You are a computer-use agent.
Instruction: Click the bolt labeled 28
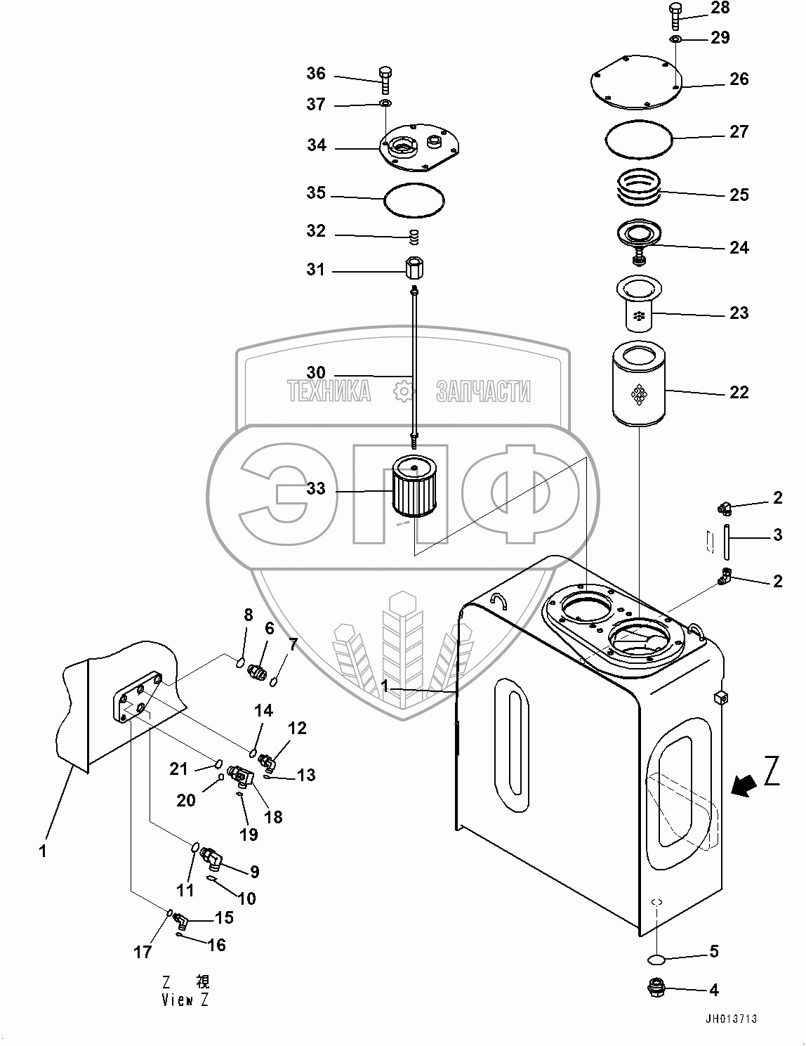click(x=675, y=15)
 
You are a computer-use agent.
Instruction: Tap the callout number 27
click(x=739, y=131)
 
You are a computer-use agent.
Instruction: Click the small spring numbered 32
click(x=416, y=237)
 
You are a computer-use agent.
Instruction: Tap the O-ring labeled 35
click(x=414, y=199)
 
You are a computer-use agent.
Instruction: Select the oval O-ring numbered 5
click(x=657, y=959)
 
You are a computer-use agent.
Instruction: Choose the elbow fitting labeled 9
click(x=211, y=857)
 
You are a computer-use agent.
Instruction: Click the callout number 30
click(x=316, y=372)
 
